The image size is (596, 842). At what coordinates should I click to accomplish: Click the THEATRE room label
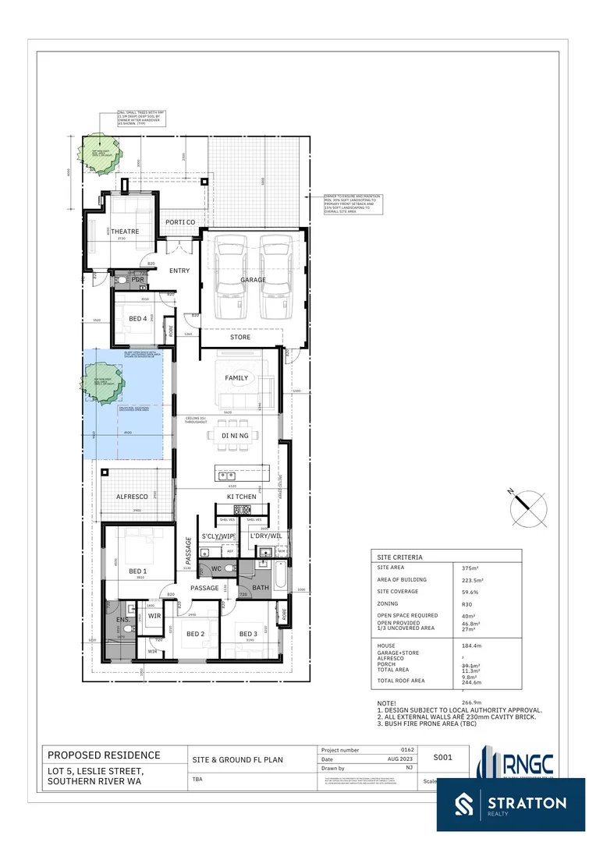click(x=125, y=232)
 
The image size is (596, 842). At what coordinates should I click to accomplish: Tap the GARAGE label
click(x=253, y=280)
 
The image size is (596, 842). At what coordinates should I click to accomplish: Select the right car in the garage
click(x=276, y=278)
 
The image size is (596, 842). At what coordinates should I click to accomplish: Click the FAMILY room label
click(x=236, y=378)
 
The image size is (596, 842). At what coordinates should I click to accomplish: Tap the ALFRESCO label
click(x=132, y=497)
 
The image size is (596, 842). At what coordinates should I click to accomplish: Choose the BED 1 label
click(x=137, y=571)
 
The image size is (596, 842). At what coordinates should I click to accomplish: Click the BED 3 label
click(x=248, y=634)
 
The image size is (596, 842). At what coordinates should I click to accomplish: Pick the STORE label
click(x=240, y=338)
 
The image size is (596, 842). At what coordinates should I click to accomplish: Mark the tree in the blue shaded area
click(x=101, y=383)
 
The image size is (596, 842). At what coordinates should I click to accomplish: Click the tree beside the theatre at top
click(x=101, y=149)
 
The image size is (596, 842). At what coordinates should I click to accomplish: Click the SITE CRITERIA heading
click(x=399, y=558)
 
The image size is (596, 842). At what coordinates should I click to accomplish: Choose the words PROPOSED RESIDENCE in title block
click(x=104, y=755)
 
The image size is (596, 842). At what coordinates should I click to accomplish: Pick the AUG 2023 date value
click(x=399, y=759)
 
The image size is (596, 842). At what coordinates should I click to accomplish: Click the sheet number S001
click(x=443, y=756)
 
